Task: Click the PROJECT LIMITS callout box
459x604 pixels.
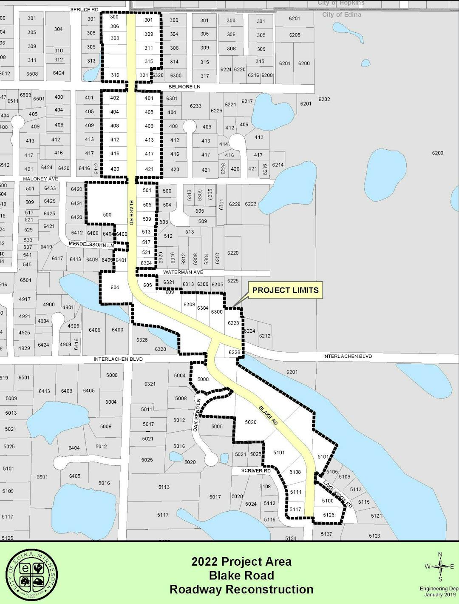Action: tap(285, 290)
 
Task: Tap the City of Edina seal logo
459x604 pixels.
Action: tap(32, 576)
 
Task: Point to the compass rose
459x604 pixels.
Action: tap(440, 567)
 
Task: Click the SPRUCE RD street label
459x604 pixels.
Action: tap(84, 9)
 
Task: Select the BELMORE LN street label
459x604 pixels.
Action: tap(184, 87)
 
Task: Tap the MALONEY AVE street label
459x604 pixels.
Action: tap(41, 179)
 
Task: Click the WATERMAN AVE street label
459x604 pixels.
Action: tap(183, 272)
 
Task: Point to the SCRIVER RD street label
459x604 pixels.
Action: tap(256, 471)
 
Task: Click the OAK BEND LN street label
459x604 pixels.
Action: tap(196, 415)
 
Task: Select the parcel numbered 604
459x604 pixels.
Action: tap(115, 288)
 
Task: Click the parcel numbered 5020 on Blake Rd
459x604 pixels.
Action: tap(251, 422)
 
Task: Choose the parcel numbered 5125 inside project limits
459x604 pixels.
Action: tap(329, 515)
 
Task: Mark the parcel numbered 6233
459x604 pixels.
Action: tap(195, 106)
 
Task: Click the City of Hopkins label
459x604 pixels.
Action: tap(341, 3)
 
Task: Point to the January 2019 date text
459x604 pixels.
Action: tap(439, 595)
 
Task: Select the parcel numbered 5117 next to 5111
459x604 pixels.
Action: tap(295, 509)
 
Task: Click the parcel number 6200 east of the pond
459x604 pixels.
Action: tap(437, 153)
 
